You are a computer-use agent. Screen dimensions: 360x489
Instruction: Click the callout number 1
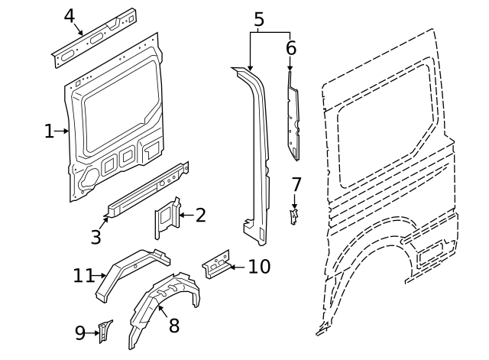point(49,131)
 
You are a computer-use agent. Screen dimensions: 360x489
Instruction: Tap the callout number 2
point(200,216)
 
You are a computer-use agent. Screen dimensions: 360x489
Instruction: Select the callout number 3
point(96,237)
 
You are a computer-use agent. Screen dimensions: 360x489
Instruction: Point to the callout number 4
point(70,15)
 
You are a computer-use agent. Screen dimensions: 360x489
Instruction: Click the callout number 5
point(259,20)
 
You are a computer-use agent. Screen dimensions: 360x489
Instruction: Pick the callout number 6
point(290,48)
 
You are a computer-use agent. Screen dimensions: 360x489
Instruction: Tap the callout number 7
point(296,184)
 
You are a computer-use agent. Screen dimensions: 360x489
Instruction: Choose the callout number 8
point(174,326)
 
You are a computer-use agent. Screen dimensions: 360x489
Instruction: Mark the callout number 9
point(80,332)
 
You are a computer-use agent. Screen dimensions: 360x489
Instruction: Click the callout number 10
point(259,266)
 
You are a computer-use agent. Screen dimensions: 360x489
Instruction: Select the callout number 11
point(83,275)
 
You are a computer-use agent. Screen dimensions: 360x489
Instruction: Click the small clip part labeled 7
point(293,217)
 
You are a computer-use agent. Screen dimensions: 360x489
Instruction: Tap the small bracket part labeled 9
point(104,331)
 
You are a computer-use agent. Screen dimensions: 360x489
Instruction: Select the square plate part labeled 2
point(167,218)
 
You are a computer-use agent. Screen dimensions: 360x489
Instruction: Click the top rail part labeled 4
point(96,36)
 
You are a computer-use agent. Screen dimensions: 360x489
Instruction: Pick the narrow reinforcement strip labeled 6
point(293,118)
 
